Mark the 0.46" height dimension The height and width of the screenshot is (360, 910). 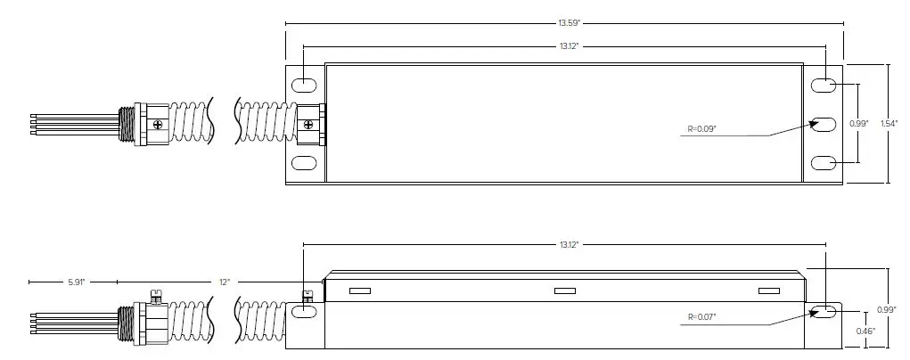(865, 331)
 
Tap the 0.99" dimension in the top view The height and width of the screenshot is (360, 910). (859, 123)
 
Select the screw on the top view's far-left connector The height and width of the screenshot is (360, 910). (158, 124)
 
